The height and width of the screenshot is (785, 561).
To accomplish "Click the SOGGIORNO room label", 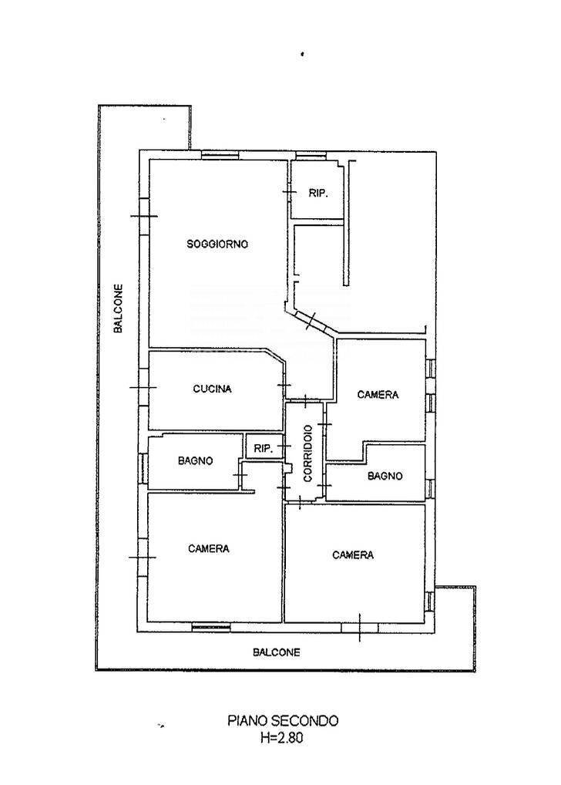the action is click(217, 244).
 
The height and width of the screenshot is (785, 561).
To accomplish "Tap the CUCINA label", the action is click(212, 389).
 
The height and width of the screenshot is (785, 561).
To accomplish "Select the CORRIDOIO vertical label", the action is click(307, 453).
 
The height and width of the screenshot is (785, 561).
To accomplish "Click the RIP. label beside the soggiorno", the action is click(317, 194).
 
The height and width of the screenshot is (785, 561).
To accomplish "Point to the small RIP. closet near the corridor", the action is click(264, 449).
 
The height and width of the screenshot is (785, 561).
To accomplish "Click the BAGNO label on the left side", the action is click(195, 460).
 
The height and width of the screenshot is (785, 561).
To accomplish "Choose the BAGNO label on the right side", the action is click(385, 476).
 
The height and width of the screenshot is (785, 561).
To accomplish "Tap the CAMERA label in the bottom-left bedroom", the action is click(209, 549).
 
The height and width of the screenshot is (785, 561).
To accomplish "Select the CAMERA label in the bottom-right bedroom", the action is click(353, 554).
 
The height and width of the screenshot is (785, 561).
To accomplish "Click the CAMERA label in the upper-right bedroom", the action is click(378, 395).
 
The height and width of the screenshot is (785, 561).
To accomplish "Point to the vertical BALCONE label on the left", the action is click(118, 308).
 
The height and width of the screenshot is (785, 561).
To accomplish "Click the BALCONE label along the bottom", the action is click(276, 652).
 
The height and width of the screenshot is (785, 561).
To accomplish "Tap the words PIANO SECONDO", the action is click(283, 721).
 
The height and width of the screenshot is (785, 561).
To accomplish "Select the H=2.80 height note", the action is click(282, 737).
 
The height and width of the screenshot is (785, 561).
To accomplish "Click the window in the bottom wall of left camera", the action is click(211, 626).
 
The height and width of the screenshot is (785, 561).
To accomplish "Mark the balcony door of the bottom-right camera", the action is click(360, 627).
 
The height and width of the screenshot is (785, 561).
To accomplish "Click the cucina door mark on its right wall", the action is click(284, 385).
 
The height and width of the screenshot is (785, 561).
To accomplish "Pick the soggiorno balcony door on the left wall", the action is click(144, 216).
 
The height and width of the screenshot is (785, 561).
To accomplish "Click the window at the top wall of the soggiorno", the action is click(220, 156).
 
